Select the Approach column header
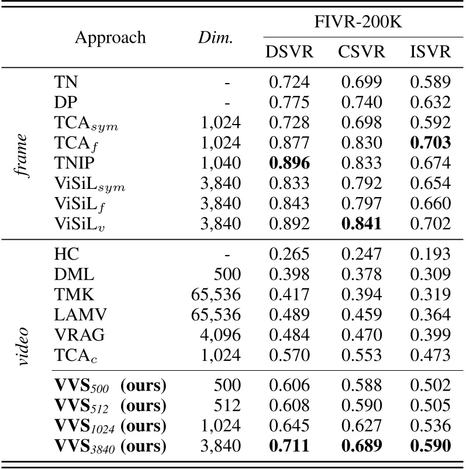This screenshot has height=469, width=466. pyautogui.click(x=110, y=38)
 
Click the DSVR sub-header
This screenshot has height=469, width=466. pyautogui.click(x=289, y=52)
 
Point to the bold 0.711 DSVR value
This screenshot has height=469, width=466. pyautogui.click(x=289, y=447)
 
